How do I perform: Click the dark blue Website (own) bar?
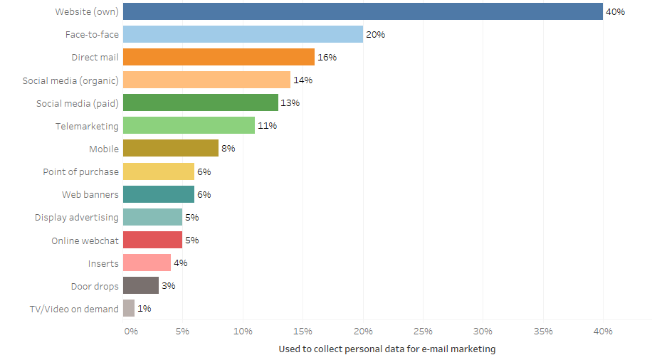(363, 11)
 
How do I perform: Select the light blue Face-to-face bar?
(243, 34)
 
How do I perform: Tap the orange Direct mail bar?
(219, 57)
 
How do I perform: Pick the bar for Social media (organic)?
(206, 80)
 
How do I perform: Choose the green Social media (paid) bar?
(201, 102)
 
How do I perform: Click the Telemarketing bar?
(189, 125)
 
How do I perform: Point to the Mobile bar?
(171, 148)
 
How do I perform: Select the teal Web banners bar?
(159, 194)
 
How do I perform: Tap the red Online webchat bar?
(152, 240)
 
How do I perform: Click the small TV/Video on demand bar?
(129, 308)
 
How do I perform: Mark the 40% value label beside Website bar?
(615, 11)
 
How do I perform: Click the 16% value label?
(327, 57)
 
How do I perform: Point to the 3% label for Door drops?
(168, 285)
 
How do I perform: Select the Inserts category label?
(103, 263)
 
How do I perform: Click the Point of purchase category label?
(81, 171)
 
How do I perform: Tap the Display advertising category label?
(77, 217)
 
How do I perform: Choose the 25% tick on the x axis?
(423, 331)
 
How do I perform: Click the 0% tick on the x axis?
(131, 331)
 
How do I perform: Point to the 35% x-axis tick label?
(542, 331)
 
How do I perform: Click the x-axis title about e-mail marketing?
(387, 349)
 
